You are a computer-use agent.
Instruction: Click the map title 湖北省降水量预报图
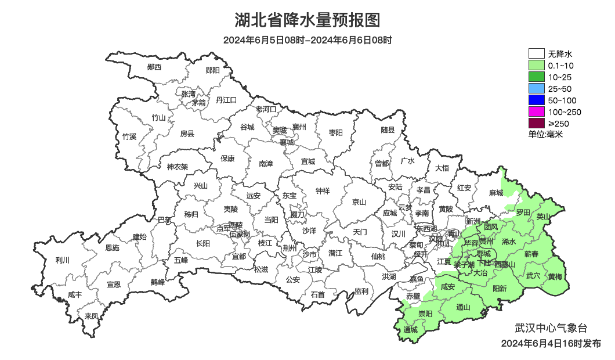click(307, 20)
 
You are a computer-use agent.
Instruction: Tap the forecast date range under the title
click(307, 40)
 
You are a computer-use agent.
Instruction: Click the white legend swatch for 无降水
click(536, 54)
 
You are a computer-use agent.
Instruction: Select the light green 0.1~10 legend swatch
click(536, 66)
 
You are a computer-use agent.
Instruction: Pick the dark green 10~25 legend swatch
click(536, 77)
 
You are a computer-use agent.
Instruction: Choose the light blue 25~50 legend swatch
click(536, 89)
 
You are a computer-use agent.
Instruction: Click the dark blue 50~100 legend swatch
click(536, 100)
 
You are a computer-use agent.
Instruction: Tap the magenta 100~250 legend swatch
click(536, 112)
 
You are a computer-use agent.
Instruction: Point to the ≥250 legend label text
click(559, 124)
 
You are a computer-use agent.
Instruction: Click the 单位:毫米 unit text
click(545, 135)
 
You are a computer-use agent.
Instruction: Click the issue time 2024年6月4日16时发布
click(551, 344)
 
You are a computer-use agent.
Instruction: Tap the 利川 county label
click(62, 260)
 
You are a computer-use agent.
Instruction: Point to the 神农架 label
click(178, 167)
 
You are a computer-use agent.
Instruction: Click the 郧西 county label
click(154, 67)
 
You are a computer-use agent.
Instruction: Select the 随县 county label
click(388, 131)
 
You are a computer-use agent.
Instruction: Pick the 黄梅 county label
click(555, 276)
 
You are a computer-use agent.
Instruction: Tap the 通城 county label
click(410, 330)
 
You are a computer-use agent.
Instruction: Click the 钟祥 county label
click(322, 190)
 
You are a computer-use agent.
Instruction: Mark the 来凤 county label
click(92, 316)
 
